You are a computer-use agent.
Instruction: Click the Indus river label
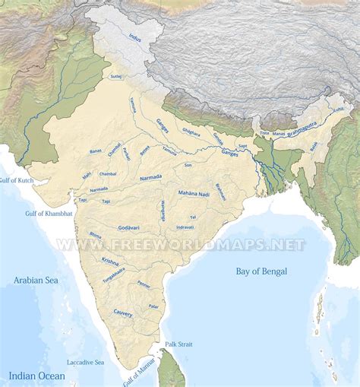click(x=136, y=36)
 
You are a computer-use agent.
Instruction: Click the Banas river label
click(x=95, y=151)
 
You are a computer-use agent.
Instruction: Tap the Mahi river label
click(x=87, y=176)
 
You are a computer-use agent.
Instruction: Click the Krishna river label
click(x=110, y=261)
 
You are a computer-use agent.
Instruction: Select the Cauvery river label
click(x=123, y=312)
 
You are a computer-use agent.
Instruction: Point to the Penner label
click(x=144, y=285)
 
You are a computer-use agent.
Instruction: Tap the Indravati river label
click(x=185, y=227)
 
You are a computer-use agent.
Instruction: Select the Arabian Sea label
click(x=35, y=281)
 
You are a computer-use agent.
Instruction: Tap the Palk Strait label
click(x=179, y=344)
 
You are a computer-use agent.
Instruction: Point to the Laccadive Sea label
click(x=85, y=362)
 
